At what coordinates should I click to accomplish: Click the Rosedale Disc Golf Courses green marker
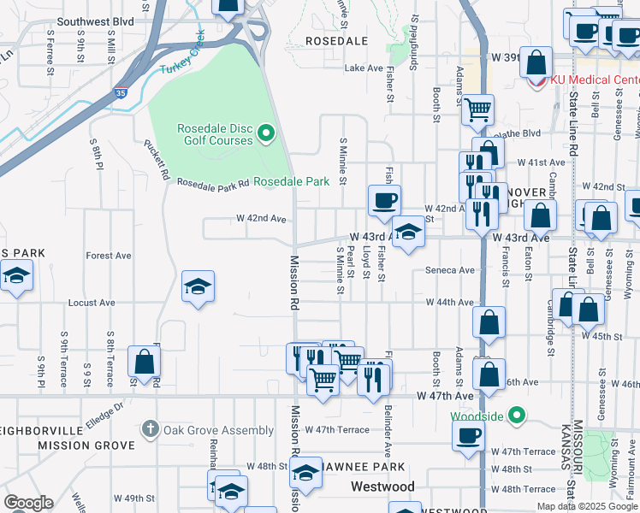(266, 133)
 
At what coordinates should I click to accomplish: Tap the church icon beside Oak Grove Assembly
(150, 428)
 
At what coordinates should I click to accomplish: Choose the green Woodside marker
(516, 417)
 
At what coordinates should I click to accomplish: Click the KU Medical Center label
(593, 80)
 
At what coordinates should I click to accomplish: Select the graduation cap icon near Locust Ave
(198, 286)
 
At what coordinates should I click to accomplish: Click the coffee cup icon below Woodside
(469, 434)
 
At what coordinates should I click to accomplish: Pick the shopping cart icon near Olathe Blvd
(477, 108)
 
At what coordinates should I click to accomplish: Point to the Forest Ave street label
(109, 256)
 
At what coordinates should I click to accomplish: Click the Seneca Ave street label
(450, 270)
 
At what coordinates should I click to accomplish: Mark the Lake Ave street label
(364, 68)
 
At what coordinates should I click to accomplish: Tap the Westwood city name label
(382, 486)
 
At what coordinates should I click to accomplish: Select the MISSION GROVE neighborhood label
(86, 445)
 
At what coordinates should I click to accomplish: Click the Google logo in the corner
(28, 502)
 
